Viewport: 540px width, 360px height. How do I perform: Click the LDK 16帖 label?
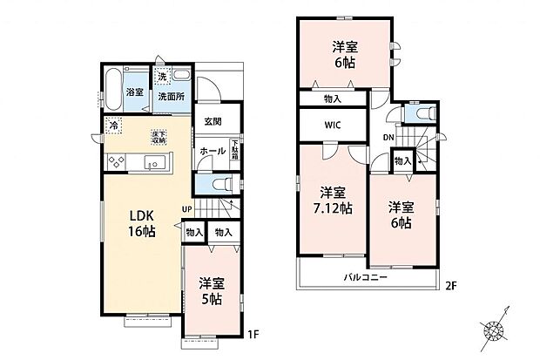(x=142, y=222)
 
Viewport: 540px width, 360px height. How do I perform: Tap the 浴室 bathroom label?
(x=134, y=92)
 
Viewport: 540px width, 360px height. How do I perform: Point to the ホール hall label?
(x=213, y=151)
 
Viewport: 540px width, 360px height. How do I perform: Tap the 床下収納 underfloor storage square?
(x=159, y=136)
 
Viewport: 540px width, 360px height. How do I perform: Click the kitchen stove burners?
(x=116, y=162)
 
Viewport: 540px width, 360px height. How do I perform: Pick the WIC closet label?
(x=334, y=125)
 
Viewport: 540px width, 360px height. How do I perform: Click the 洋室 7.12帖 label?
(x=334, y=200)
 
